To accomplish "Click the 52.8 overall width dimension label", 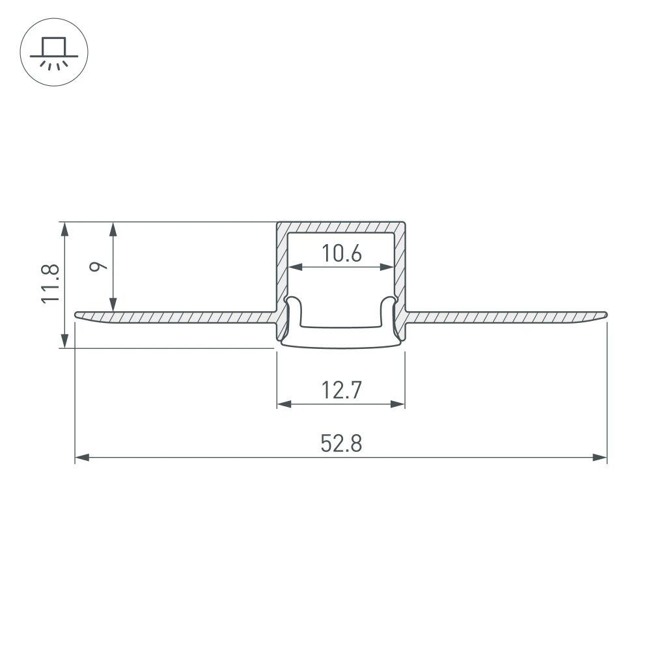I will click(340, 443).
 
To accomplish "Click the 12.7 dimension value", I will click(340, 391).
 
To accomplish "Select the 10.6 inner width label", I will click(342, 253).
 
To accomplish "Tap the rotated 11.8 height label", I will click(50, 283).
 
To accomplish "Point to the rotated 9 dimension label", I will click(98, 266).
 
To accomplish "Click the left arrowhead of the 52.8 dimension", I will click(82, 458).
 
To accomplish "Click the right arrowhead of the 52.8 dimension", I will click(600, 458).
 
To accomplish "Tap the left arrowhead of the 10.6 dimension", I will click(295, 266).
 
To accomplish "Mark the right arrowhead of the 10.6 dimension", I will click(388, 266).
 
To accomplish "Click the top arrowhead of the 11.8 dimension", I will click(64, 229).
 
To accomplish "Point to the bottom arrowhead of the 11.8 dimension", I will click(64, 341).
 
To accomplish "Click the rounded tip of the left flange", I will click(78, 316).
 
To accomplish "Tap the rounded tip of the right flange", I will click(604, 316).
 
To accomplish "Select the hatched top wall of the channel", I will click(341, 227).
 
